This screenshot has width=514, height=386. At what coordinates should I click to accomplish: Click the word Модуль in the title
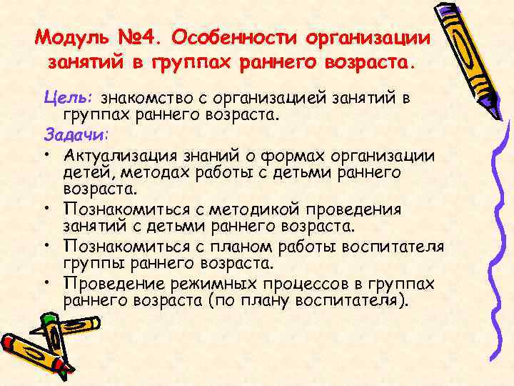71,36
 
